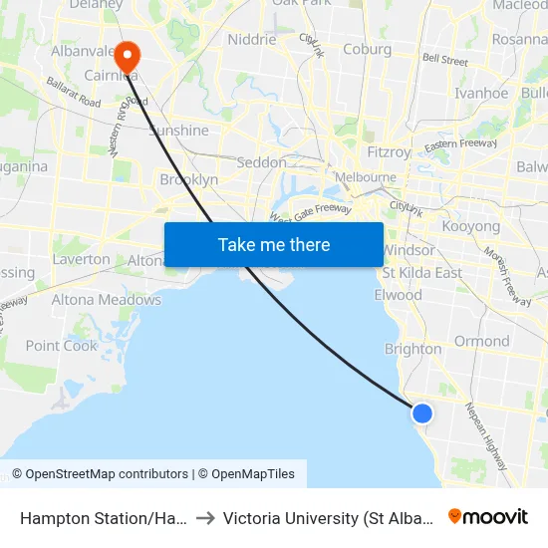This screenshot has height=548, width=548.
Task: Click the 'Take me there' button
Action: tap(274, 245)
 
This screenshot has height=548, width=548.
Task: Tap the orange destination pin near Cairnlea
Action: tap(128, 54)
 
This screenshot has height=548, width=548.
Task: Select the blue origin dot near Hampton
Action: tap(422, 412)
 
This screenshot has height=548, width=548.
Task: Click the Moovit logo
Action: tap(488, 517)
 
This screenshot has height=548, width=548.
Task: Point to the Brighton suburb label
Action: tap(412, 349)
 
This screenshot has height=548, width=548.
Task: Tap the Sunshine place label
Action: tap(179, 131)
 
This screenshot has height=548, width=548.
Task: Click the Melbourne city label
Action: tap(365, 177)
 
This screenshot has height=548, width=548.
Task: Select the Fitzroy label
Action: tap(388, 152)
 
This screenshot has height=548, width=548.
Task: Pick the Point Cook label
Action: tap(62, 346)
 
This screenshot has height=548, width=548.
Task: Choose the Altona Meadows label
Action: tap(106, 300)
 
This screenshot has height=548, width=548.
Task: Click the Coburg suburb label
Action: tap(366, 49)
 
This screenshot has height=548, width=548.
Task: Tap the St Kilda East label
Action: tap(422, 273)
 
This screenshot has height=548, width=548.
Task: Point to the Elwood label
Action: tap(398, 295)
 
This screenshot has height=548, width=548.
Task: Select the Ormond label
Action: tap(481, 341)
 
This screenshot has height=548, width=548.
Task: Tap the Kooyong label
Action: tap(470, 227)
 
